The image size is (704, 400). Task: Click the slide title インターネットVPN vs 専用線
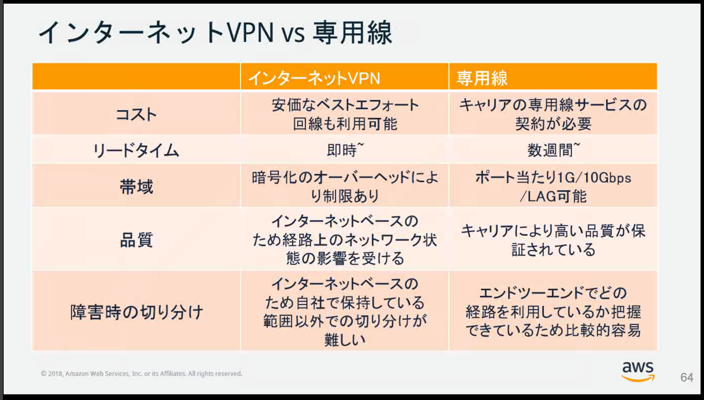pyautogui.click(x=215, y=33)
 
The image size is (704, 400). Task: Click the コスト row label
pyautogui.click(x=136, y=114)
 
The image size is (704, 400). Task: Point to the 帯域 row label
pyautogui.click(x=136, y=187)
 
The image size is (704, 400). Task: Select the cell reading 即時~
pyautogui.click(x=345, y=150)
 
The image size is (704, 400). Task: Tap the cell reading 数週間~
pyautogui.click(x=553, y=150)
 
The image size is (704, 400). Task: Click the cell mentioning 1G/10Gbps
pyautogui.click(x=553, y=187)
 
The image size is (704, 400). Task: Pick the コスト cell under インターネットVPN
pyautogui.click(x=345, y=114)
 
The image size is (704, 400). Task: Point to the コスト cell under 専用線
pyautogui.click(x=553, y=114)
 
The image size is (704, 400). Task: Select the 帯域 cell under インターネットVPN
pyautogui.click(x=345, y=187)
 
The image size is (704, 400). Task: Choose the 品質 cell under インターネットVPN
pyautogui.click(x=345, y=239)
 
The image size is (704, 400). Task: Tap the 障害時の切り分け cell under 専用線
pyautogui.click(x=553, y=312)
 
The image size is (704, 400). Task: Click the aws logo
pyautogui.click(x=638, y=372)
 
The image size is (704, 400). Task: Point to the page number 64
pyautogui.click(x=687, y=377)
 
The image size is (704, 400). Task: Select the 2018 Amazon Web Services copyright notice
pyautogui.click(x=141, y=373)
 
